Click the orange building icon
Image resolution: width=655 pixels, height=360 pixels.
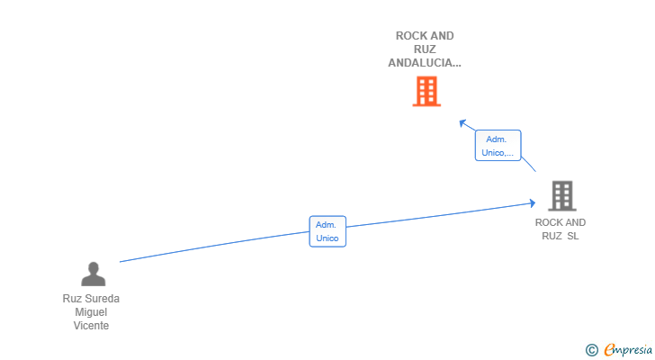[426, 91]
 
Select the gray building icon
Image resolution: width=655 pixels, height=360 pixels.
[561, 195]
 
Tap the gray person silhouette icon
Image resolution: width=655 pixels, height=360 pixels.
[93, 274]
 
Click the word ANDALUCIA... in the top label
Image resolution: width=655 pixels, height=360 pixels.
[425, 63]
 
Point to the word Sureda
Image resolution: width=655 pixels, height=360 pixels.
[102, 299]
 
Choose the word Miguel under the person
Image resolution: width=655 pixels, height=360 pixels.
[91, 312]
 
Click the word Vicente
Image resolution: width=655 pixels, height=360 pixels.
[91, 326]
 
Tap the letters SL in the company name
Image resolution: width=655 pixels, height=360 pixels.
[573, 236]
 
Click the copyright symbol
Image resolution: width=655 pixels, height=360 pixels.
[591, 349]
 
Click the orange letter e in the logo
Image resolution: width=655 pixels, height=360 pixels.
[609, 350]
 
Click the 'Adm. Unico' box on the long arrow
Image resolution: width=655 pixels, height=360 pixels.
[327, 231]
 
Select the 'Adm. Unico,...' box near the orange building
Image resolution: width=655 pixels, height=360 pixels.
[498, 146]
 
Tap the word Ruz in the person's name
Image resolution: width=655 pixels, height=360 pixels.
[71, 299]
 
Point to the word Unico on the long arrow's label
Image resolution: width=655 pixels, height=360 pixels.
[327, 238]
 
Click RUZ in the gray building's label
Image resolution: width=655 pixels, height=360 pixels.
[552, 236]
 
